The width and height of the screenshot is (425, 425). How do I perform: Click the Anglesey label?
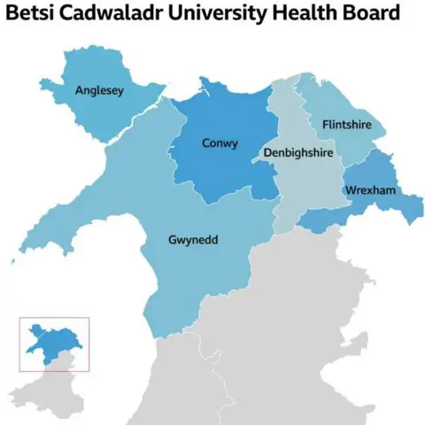[x=99, y=89]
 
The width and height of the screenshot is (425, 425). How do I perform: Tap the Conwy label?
[x=220, y=143]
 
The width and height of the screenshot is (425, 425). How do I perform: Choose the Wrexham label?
[x=372, y=191]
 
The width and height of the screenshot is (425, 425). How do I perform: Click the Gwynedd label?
[x=194, y=240]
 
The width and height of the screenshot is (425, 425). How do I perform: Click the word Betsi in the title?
[x=32, y=16]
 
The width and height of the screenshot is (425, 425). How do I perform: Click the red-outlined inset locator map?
[x=54, y=344]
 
